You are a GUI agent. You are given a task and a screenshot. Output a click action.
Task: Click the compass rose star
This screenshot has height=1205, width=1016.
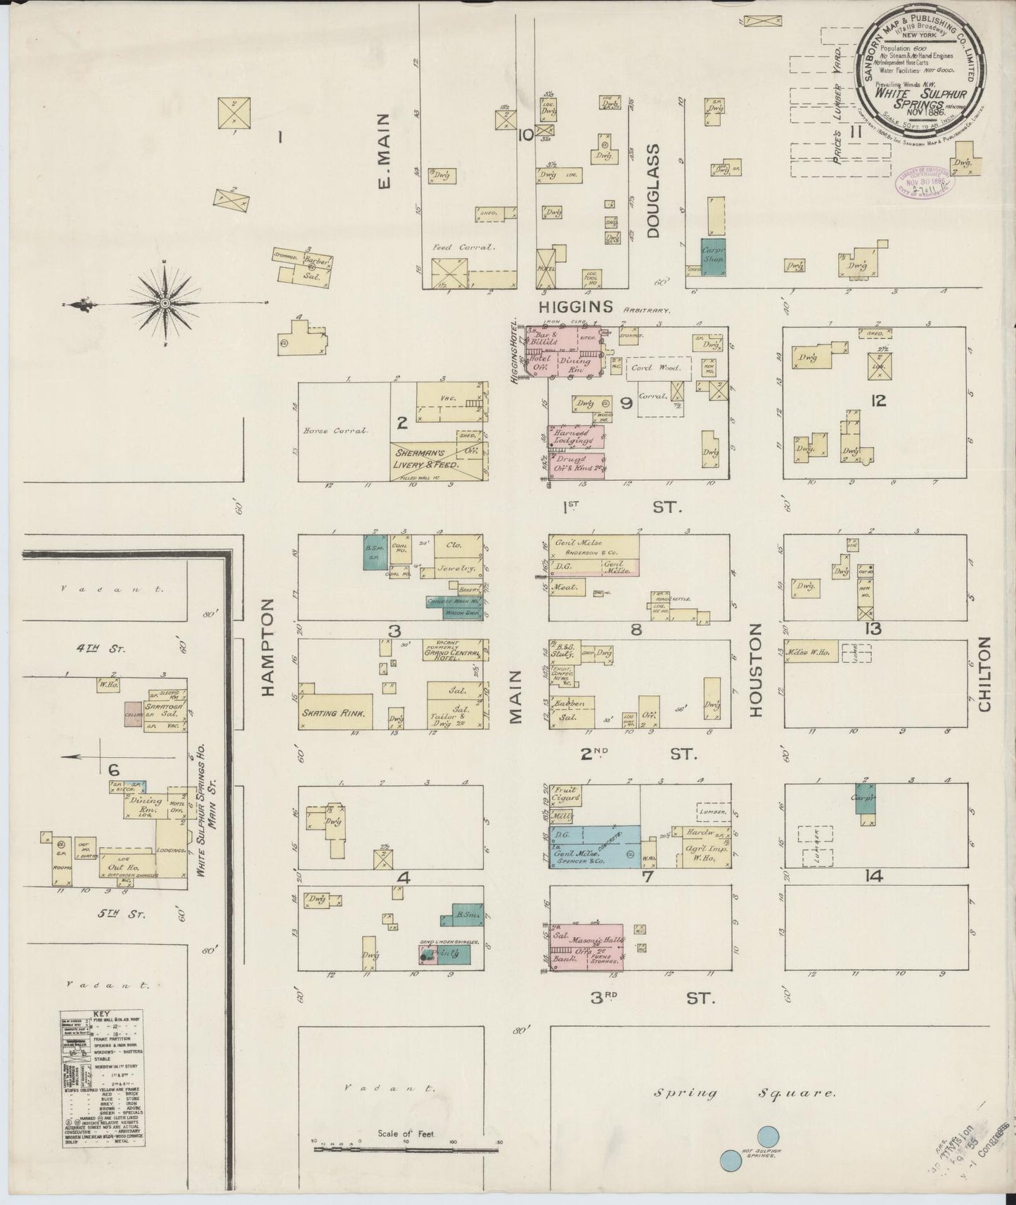click(x=165, y=303)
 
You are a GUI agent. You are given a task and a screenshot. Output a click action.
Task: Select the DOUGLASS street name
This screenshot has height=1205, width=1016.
click(x=654, y=191)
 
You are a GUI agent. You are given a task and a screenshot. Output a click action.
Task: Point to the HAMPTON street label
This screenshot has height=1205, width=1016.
click(x=268, y=647)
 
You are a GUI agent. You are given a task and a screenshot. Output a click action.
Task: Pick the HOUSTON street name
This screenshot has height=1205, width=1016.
click(x=755, y=669)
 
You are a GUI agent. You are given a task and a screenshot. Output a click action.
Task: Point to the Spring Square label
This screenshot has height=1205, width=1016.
click(x=745, y=1093)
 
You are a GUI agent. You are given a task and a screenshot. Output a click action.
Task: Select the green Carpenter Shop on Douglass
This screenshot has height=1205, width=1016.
click(x=713, y=257)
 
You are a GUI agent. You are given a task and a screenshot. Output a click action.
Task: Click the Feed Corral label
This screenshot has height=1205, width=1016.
click(x=464, y=247)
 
